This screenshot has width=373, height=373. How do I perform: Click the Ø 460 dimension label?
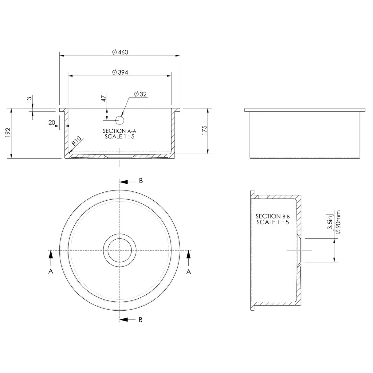pos(120,52)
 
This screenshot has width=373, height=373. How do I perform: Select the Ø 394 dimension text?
pos(120,73)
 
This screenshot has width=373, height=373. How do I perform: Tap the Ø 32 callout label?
pos(140,94)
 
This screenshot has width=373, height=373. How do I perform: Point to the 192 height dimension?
pos(8,132)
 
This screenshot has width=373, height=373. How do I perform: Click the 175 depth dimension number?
pos(204,130)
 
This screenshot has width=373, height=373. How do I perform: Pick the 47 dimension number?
pos(104,98)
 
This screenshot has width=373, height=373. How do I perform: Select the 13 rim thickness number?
pos(29,100)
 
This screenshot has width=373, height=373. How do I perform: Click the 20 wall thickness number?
pos(52,123)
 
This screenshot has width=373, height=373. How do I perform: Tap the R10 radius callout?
pos(77,141)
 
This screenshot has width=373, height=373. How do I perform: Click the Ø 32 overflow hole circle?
pos(120,120)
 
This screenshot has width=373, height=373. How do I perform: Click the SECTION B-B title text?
pos(273,216)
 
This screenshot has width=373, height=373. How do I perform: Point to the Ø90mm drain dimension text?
pos(338,222)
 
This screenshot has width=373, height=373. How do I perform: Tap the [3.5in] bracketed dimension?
pos(330,222)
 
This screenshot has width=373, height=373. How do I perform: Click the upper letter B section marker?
pos(141,181)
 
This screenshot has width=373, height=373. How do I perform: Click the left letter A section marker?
pos(51,272)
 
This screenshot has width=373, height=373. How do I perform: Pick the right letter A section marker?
pos(189,272)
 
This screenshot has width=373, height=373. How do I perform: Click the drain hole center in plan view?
pos(120,250)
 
